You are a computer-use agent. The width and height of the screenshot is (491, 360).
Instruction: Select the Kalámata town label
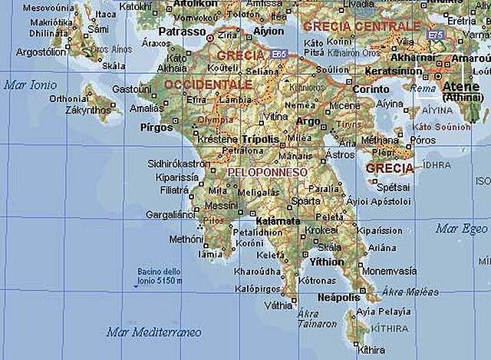(278, 221)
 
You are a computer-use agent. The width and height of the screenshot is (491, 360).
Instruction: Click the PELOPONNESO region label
(268, 173)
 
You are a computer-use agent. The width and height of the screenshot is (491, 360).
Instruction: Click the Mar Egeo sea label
(461, 229)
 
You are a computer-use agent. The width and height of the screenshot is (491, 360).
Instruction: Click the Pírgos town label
(157, 127)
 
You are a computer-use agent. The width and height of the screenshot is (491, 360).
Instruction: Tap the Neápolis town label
(338, 297)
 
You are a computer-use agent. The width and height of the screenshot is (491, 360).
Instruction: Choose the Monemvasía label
(388, 271)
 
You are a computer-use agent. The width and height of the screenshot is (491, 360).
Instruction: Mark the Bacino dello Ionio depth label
(160, 276)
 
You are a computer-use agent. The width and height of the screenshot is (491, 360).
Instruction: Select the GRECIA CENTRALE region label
(361, 26)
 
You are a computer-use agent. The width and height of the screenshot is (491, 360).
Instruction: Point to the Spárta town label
(305, 200)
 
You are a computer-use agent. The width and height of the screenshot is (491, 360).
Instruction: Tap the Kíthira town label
(371, 350)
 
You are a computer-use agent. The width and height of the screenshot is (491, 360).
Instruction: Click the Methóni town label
(186, 239)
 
